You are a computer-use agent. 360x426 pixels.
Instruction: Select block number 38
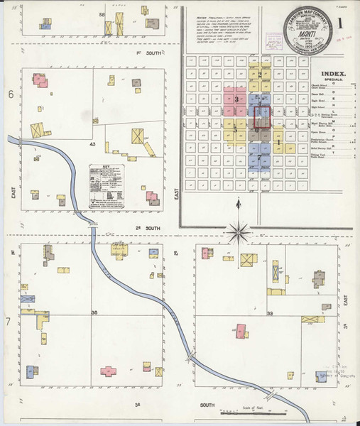pyautogui.click(x=94, y=312)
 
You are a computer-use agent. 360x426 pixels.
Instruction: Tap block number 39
pyautogui.click(x=270, y=312)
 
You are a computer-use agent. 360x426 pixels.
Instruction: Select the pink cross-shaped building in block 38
pyautogui.click(x=108, y=371)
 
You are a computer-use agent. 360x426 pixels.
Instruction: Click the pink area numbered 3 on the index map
pyautogui.click(x=236, y=100)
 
